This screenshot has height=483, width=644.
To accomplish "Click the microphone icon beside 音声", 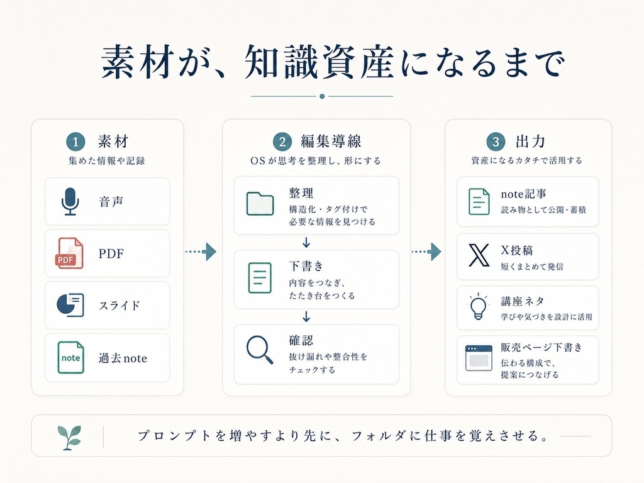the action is pyautogui.click(x=70, y=202).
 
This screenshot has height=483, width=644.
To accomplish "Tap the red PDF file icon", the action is pyautogui.click(x=69, y=253).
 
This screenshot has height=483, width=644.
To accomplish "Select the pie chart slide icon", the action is pyautogui.click(x=70, y=305).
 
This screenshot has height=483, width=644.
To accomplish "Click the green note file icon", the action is pyautogui.click(x=70, y=357).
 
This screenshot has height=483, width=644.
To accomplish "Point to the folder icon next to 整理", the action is pyautogui.click(x=260, y=203).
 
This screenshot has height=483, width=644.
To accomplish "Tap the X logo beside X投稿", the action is pyautogui.click(x=479, y=255).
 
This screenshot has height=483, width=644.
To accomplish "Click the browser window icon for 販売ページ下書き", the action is pyautogui.click(x=479, y=358).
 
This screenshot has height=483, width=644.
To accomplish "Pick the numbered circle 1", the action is pyautogui.click(x=75, y=142).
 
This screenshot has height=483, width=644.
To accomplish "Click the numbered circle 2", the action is pyautogui.click(x=282, y=142).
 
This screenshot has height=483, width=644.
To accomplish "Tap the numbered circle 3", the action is pyautogui.click(x=496, y=142).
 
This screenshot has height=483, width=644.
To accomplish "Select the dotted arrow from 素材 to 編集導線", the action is pyautogui.click(x=201, y=252).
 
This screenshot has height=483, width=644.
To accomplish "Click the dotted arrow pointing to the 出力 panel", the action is pyautogui.click(x=426, y=252).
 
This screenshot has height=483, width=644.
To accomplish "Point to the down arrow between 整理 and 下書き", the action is pyautogui.click(x=306, y=242).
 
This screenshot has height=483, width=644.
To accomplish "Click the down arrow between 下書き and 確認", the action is pyautogui.click(x=306, y=316).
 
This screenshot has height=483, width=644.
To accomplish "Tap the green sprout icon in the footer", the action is pyautogui.click(x=69, y=438).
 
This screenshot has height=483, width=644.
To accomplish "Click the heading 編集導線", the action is pyautogui.click(x=331, y=142).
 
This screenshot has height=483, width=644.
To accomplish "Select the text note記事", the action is pyautogui.click(x=524, y=194).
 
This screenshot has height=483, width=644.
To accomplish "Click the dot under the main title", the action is pyautogui.click(x=322, y=96).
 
